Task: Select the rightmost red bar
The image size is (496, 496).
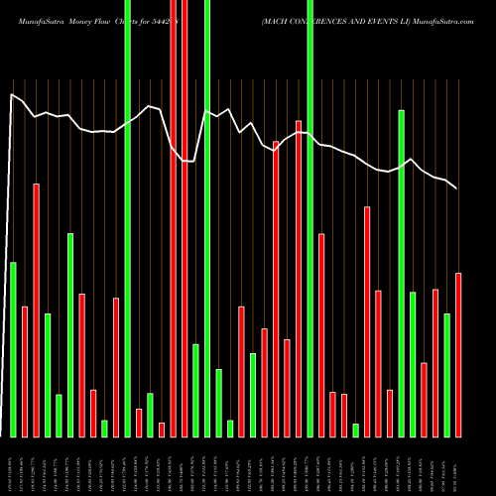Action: click(458, 354)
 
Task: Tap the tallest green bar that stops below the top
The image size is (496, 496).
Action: click(402, 273)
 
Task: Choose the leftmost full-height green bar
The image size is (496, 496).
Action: click(127, 218)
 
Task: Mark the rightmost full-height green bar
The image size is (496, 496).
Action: click(310, 218)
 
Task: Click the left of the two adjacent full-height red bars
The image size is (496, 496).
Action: click(173, 218)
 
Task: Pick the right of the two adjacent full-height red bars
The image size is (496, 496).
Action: click(185, 218)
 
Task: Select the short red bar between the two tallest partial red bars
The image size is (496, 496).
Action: click(288, 388)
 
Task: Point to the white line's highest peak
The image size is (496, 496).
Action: click(12, 95)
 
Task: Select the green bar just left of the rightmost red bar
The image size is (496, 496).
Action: click(447, 375)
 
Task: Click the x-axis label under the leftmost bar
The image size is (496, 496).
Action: click(13, 466)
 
